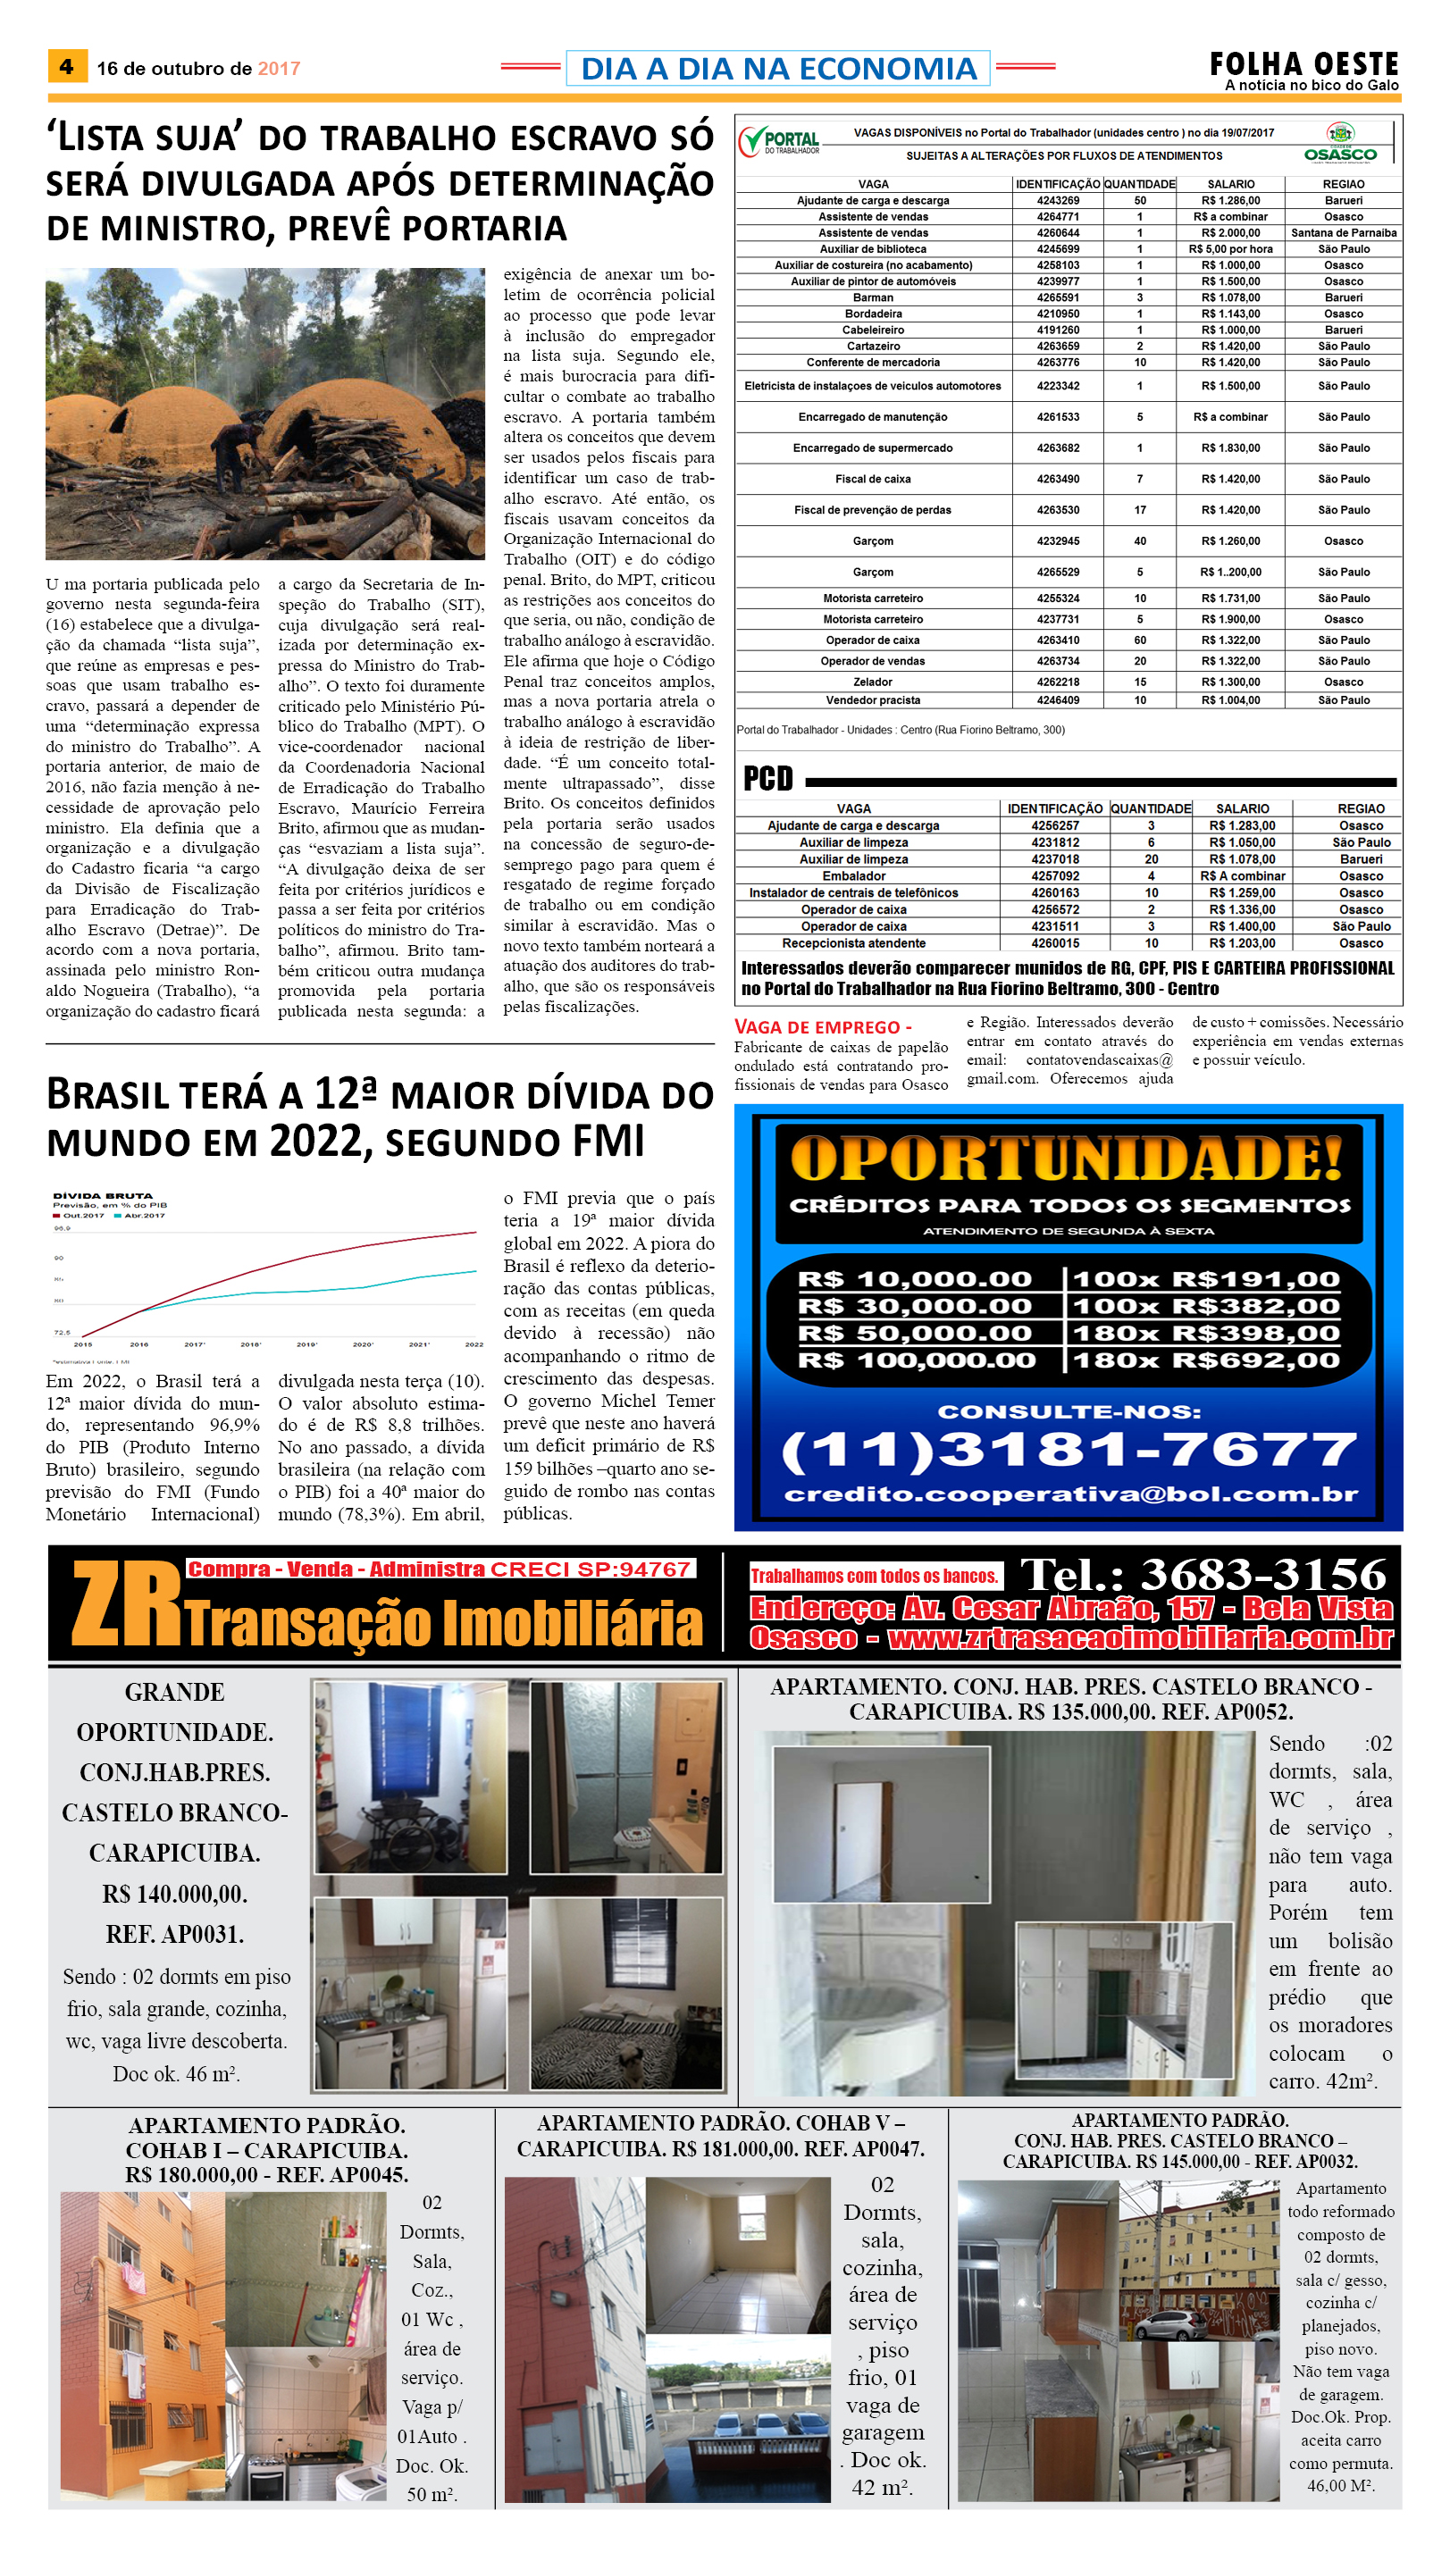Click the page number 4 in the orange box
pyautogui.click(x=67, y=67)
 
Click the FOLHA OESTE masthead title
pyautogui.click(x=1303, y=64)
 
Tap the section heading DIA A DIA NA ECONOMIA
pyautogui.click(x=778, y=69)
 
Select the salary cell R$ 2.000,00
pyautogui.click(x=1230, y=233)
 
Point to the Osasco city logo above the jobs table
pyautogui.click(x=1340, y=144)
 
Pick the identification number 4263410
pyautogui.click(x=1058, y=640)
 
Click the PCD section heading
pyautogui.click(x=767, y=779)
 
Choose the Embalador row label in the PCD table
pyautogui.click(x=853, y=876)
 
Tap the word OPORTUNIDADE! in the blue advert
pyautogui.click(x=1067, y=1160)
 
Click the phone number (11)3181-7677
pyautogui.click(x=1069, y=1450)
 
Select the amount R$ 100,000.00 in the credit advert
pyautogui.click(x=917, y=1360)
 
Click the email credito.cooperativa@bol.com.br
pyautogui.click(x=1070, y=1494)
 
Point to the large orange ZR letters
pyautogui.click(x=125, y=1604)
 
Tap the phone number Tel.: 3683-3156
pyautogui.click(x=1203, y=1574)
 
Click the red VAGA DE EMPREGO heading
pyautogui.click(x=823, y=1026)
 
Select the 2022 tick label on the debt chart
pyautogui.click(x=474, y=1344)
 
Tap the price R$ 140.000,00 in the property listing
pyautogui.click(x=174, y=1893)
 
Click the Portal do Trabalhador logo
pyautogui.click(x=780, y=142)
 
